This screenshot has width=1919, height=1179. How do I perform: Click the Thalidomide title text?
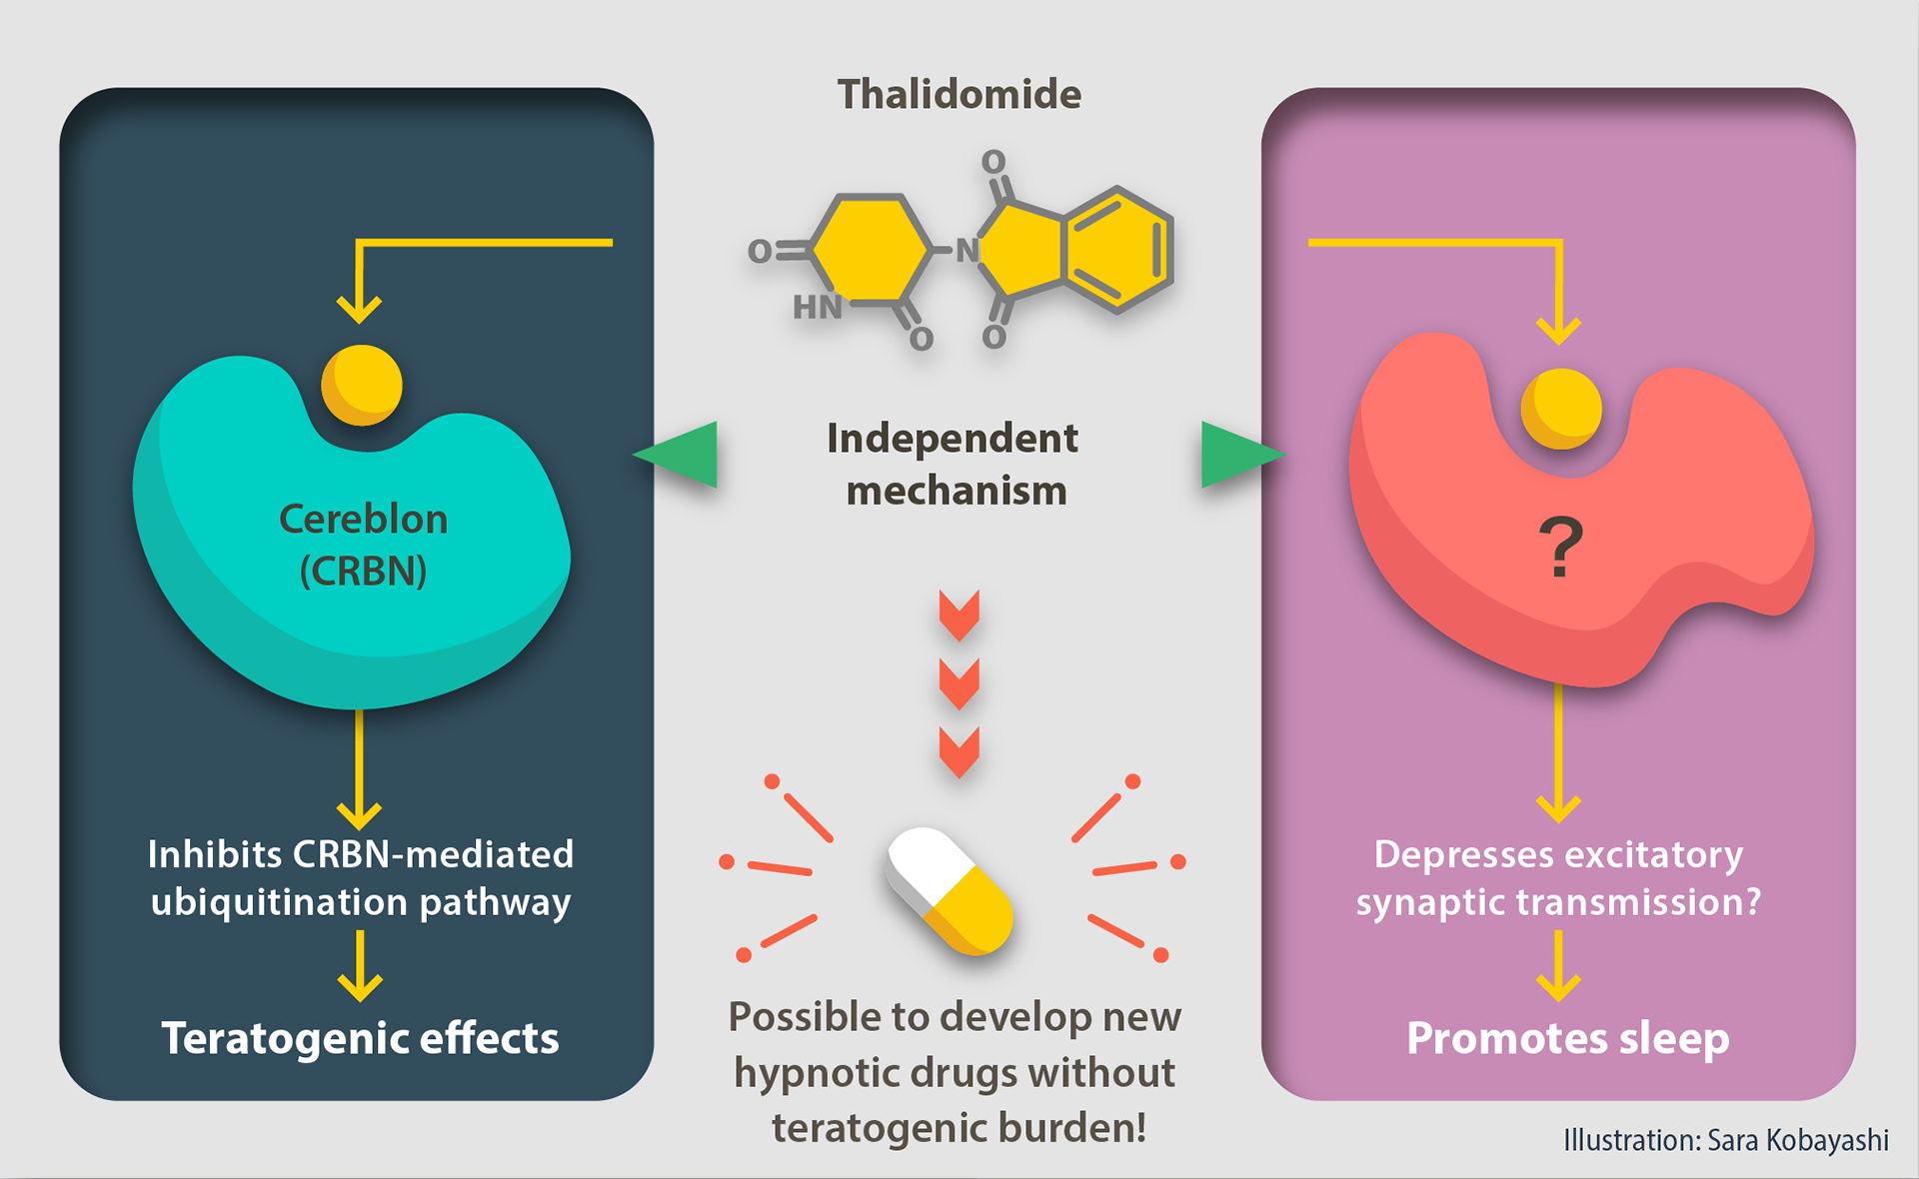959,94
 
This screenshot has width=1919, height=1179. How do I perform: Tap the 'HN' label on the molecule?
817,308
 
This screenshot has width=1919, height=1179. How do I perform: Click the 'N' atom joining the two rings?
965,250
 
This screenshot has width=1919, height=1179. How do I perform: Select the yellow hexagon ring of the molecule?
870,249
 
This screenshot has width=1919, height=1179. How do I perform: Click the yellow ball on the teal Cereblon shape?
362,385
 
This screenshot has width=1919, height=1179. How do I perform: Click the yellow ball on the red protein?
1560,408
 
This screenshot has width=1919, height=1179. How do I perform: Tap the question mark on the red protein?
1560,547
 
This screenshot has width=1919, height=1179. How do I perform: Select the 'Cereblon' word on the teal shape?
363,520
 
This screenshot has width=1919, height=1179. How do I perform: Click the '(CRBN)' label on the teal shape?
363,571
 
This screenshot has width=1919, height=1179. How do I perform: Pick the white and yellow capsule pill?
949,890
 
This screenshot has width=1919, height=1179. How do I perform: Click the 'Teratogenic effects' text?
360,1038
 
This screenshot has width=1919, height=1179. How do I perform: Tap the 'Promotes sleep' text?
1567,1038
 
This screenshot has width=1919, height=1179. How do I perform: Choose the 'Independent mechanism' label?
954,465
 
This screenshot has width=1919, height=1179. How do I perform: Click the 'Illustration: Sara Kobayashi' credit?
1725,1140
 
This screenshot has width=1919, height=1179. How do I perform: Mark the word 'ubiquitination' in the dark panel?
280,902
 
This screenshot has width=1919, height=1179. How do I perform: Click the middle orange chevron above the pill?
959,683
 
